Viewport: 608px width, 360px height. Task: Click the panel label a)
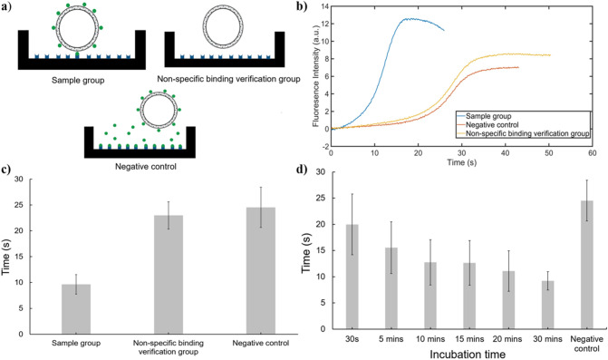pyautogui.click(x=9, y=8)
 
